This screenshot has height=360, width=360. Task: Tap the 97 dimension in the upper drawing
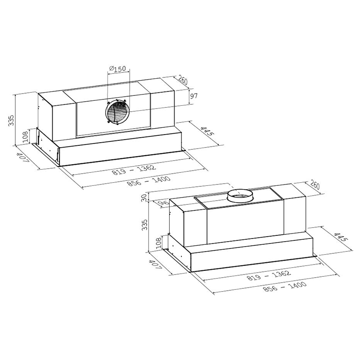point(194,96)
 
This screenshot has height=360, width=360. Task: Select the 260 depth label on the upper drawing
point(183,81)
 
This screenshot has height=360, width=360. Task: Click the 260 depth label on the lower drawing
point(314,186)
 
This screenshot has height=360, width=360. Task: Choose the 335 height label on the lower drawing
point(144,225)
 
